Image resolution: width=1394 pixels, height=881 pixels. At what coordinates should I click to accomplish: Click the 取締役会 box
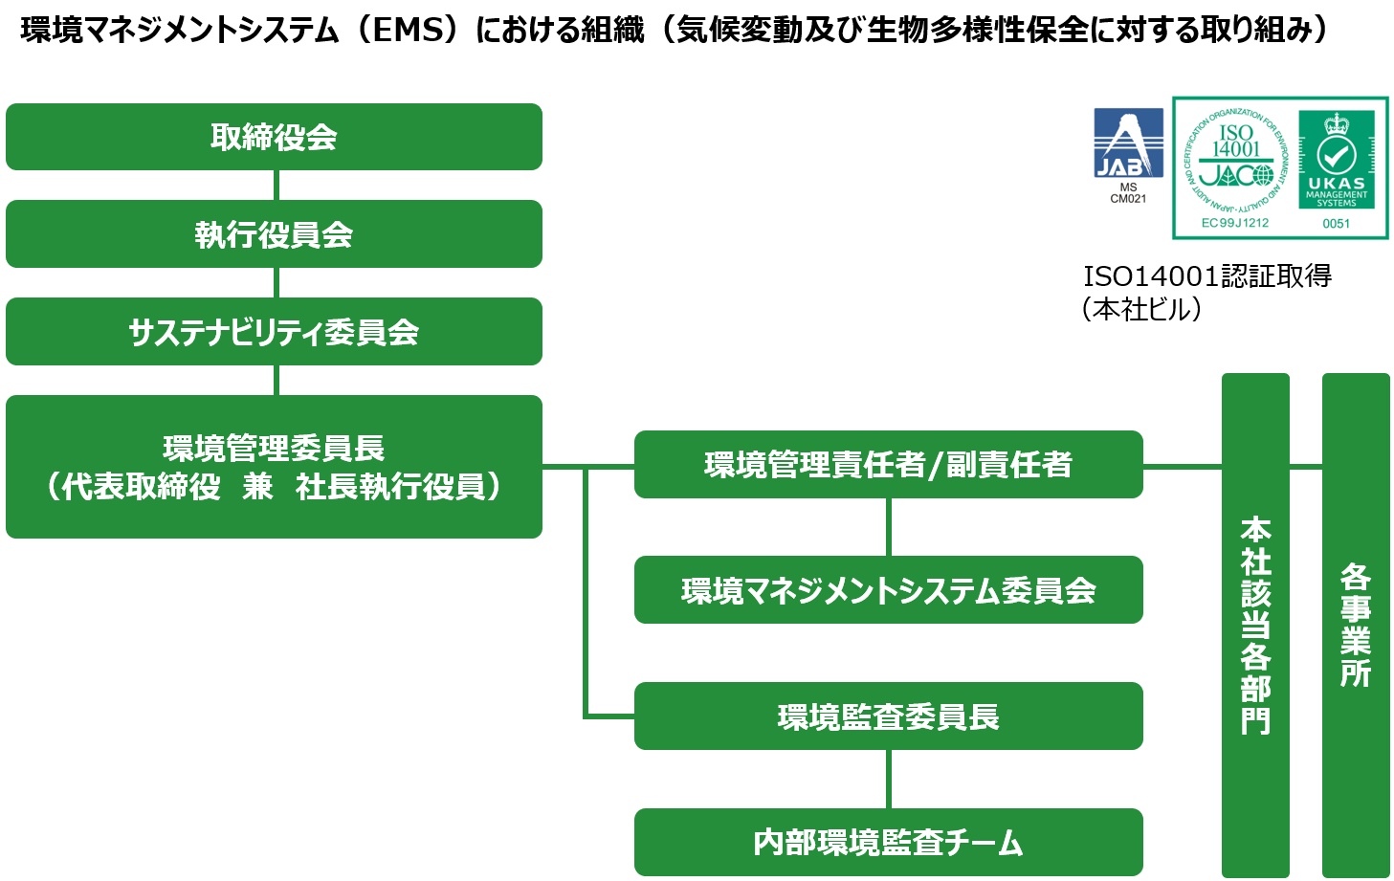click(274, 137)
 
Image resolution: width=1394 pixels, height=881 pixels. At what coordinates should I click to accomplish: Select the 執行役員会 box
click(274, 234)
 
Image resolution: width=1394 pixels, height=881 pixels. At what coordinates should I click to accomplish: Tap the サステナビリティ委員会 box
click(274, 332)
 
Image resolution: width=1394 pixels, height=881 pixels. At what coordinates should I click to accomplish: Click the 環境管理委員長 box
click(274, 467)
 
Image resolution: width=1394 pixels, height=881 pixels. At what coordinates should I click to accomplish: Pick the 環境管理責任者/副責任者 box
click(888, 465)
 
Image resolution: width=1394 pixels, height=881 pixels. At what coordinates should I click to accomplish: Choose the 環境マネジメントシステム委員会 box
click(888, 590)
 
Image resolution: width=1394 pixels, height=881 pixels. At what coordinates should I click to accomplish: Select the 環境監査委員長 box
click(888, 716)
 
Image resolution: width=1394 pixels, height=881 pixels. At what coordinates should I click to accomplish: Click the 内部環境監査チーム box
click(888, 843)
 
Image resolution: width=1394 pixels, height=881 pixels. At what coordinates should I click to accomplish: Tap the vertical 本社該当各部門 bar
click(1255, 625)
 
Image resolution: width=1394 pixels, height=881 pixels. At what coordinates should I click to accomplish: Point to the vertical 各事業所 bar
click(1356, 625)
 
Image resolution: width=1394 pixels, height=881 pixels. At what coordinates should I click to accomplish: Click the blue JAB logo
click(1128, 143)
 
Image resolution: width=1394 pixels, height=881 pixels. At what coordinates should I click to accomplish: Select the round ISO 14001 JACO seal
click(1235, 158)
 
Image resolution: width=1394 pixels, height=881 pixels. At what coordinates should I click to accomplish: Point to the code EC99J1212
click(1235, 223)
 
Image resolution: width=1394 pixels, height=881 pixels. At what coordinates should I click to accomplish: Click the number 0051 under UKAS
click(1336, 224)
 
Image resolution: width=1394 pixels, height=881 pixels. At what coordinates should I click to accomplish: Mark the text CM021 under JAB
click(1128, 199)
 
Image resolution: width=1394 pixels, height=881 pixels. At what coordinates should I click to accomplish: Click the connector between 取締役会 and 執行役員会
click(276, 186)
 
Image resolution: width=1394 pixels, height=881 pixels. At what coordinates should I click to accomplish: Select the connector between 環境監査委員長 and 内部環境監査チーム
click(889, 779)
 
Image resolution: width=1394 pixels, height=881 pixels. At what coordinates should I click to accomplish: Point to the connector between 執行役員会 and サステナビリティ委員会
click(276, 283)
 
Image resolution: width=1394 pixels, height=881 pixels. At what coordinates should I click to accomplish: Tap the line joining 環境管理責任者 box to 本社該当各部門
click(1183, 467)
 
